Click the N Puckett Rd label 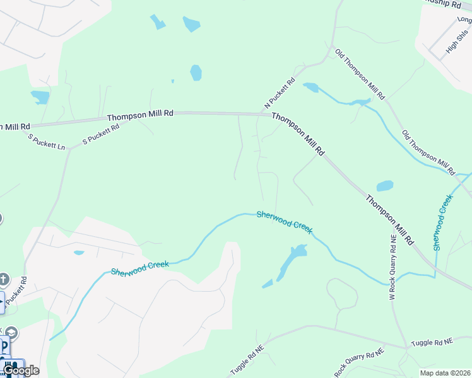point(280,93)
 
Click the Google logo point(20,370)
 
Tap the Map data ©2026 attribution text point(445,372)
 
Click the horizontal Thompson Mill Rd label point(139,116)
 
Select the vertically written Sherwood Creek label point(443,222)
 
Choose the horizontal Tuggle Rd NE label point(432,342)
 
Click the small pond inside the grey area point(79,253)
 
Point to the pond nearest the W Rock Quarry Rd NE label point(384,186)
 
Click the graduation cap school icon point(11,332)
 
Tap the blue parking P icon point(4,346)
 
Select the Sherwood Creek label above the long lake point(284,222)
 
